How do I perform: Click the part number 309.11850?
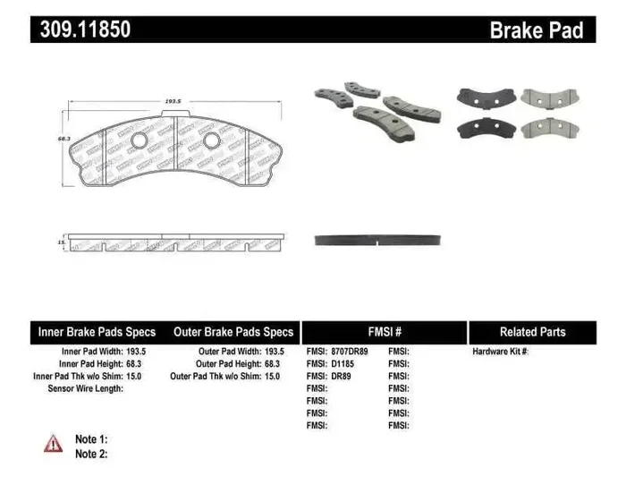(x=85, y=30)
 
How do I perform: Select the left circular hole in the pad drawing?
(x=139, y=141)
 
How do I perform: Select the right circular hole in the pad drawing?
(x=210, y=141)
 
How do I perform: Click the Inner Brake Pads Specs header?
(x=97, y=332)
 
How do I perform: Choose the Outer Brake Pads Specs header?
(x=233, y=332)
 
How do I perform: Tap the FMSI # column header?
(x=384, y=332)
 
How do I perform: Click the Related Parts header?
(x=532, y=332)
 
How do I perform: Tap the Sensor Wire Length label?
(x=85, y=389)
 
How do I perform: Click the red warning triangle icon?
(x=54, y=443)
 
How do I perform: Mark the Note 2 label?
(x=91, y=454)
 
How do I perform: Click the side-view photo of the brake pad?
(x=379, y=241)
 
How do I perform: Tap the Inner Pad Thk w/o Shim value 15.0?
(x=133, y=377)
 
